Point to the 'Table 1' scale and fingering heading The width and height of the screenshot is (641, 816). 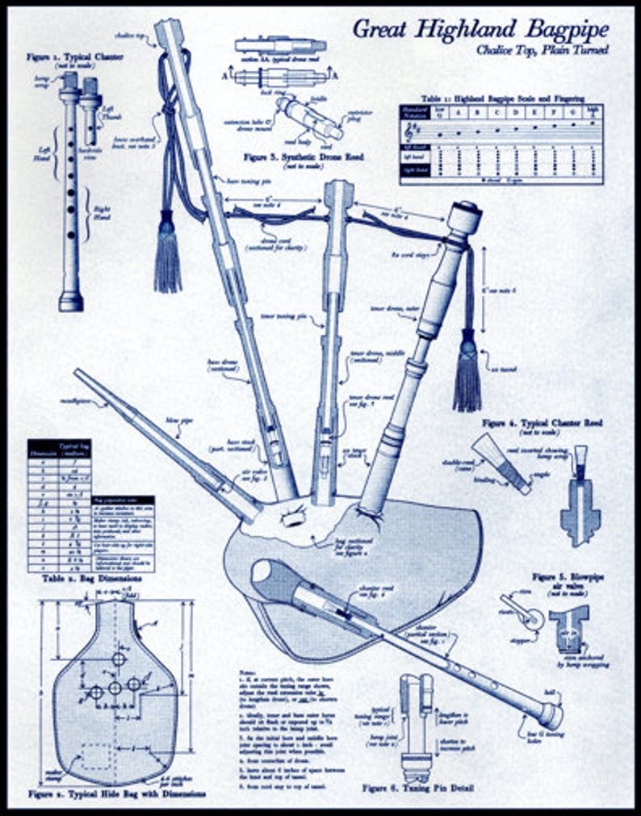point(505,98)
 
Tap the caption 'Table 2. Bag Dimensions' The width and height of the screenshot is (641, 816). point(81,579)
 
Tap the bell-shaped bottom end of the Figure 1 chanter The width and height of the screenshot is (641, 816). point(71,302)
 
